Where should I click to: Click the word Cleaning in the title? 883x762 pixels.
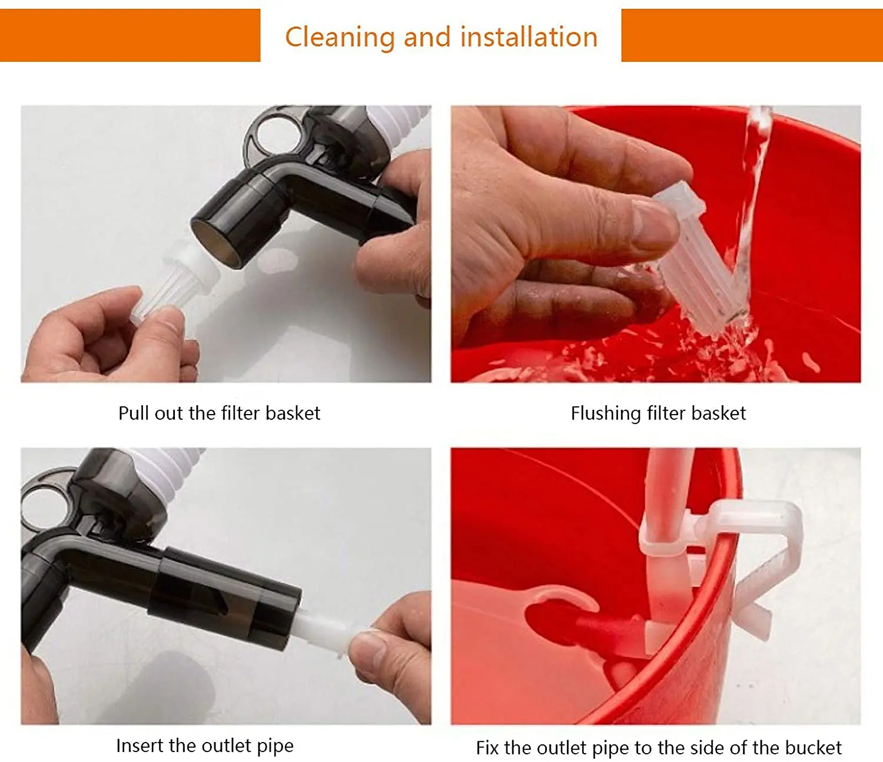pos(339,37)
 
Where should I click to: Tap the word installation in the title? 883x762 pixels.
pos(529,37)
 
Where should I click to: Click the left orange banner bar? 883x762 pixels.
pos(130,35)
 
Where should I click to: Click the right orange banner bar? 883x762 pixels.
pos(752,35)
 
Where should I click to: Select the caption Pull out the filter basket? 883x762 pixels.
pos(219,413)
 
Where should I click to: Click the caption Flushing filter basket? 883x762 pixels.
pos(658,413)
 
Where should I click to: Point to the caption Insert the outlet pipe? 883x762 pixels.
pos(204,746)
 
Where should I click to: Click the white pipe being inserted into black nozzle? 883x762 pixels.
pos(324,630)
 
